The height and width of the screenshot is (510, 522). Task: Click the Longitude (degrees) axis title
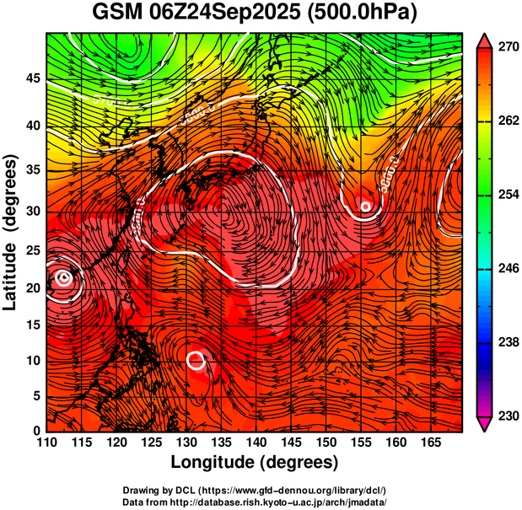tap(255, 463)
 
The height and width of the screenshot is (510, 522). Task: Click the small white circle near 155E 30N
tap(366, 206)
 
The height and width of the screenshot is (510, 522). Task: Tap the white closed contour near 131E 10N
tap(196, 361)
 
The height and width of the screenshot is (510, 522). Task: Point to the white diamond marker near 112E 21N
tap(64, 277)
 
